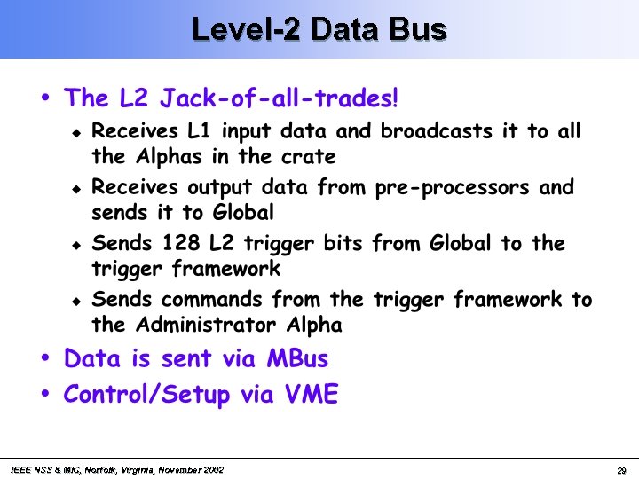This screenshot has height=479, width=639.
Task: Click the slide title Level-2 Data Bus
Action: point(319,29)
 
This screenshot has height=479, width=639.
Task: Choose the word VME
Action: point(313,395)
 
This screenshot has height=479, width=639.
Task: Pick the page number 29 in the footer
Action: point(621,469)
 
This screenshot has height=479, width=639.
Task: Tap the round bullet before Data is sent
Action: point(45,358)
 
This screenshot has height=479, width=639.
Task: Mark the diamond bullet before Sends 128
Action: point(76,245)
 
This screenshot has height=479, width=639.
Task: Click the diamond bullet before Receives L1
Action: point(76,133)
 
